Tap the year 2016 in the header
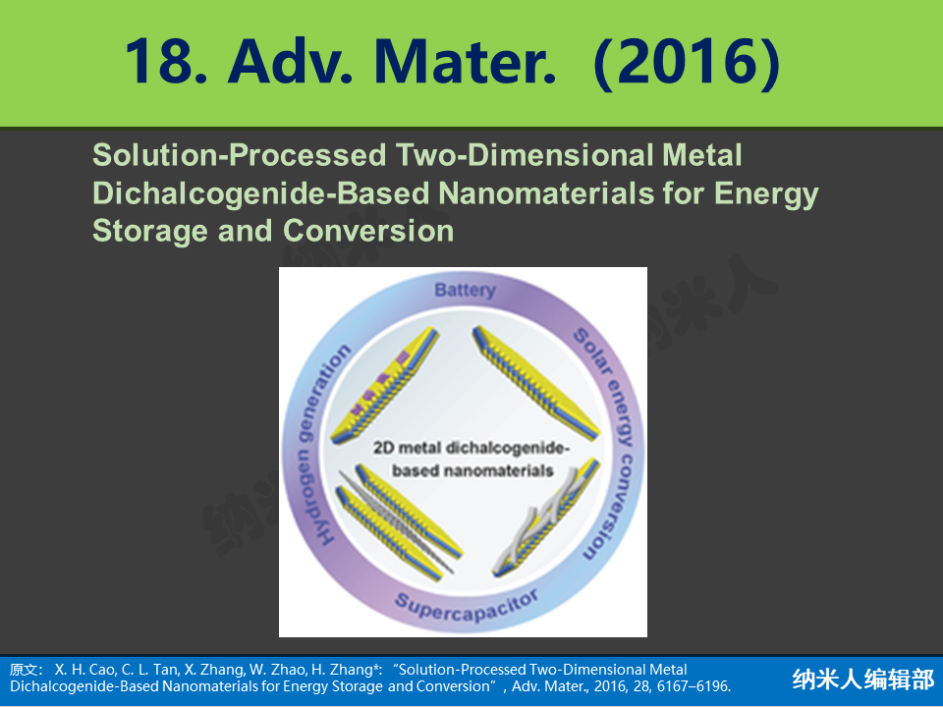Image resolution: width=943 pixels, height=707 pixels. point(687,61)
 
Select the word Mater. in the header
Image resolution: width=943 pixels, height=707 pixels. point(466,61)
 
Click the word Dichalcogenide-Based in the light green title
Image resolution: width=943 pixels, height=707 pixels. point(261,194)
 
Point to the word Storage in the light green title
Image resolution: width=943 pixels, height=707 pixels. point(150,232)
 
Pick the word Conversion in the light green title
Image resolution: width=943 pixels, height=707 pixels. point(368,231)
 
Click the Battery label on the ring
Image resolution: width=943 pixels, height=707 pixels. point(465,291)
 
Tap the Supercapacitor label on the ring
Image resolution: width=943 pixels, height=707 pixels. point(466,607)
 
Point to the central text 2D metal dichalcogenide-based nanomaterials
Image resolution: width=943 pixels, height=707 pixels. point(471,459)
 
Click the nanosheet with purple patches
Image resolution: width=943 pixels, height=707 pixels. point(385,385)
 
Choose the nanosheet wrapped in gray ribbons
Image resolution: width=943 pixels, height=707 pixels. point(546,517)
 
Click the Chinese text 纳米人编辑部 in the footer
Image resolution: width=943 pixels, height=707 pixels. point(863,680)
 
